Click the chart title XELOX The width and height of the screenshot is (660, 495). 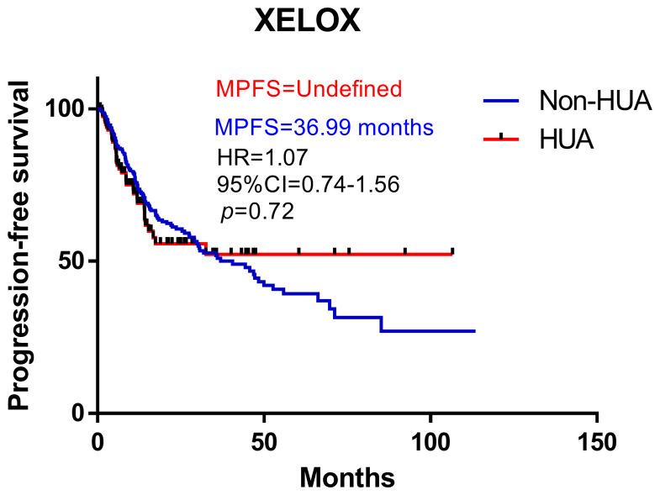(x=308, y=21)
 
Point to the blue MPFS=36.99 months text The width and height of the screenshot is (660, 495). (x=325, y=128)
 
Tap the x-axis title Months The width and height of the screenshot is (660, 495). (x=347, y=477)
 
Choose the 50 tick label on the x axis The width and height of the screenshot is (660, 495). (x=264, y=441)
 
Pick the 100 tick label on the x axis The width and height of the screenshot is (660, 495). (x=430, y=441)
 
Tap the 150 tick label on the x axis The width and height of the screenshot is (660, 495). (x=597, y=441)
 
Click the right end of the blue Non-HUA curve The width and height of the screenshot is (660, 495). (x=475, y=331)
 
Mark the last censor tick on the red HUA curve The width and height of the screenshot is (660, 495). (x=452, y=250)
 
